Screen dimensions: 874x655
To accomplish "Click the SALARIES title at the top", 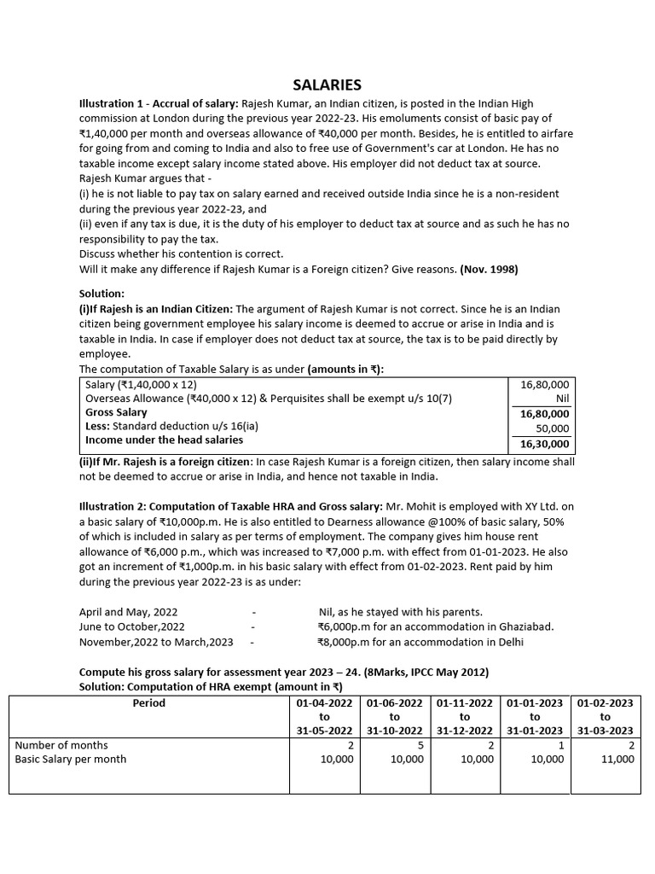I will coord(327,84).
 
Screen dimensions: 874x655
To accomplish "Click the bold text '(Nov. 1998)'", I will coord(489,269).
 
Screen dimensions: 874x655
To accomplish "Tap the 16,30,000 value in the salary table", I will coord(544,444).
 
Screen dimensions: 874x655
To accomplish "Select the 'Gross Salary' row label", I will coord(116,412).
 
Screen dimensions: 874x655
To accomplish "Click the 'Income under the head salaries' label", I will coord(164,440).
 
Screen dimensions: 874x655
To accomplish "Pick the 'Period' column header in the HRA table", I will coord(148,703).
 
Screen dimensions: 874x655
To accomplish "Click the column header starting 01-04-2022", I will coord(324,717).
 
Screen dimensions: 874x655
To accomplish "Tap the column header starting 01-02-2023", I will coord(605,717).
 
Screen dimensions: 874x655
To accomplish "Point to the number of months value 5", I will coord(420,745).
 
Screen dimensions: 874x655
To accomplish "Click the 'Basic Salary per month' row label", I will coord(71,759).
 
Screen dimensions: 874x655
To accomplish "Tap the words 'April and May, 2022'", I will coord(129,612).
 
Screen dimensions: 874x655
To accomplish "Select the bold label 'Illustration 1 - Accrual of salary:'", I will coord(159,103).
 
